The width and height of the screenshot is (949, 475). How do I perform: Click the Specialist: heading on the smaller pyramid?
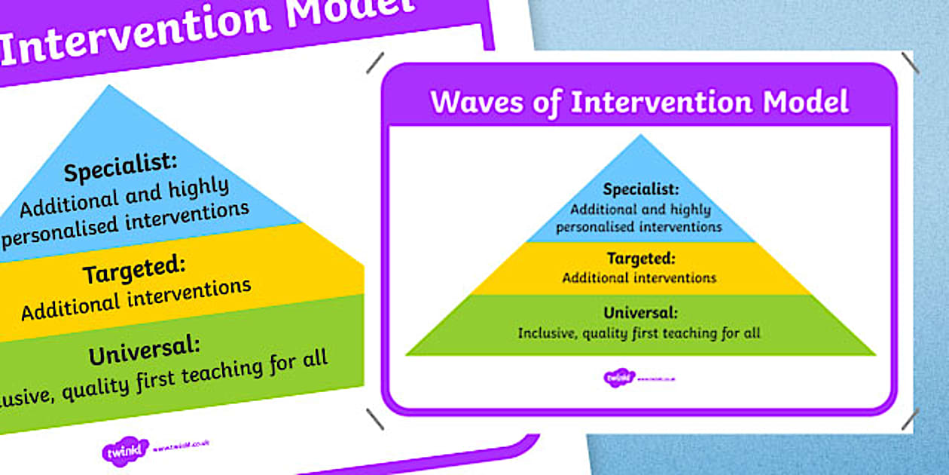tap(641, 189)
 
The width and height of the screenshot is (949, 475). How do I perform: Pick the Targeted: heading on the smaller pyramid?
tap(639, 259)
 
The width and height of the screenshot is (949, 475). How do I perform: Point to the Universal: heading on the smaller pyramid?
tap(640, 313)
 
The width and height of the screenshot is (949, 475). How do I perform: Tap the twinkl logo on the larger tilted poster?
tap(124, 451)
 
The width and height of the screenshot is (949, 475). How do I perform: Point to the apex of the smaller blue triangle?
tap(640, 136)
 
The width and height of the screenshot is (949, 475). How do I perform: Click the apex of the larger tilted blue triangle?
tap(110, 86)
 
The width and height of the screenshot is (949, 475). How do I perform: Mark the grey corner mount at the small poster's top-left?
tap(375, 63)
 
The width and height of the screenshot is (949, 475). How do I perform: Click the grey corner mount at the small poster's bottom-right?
tap(909, 419)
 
